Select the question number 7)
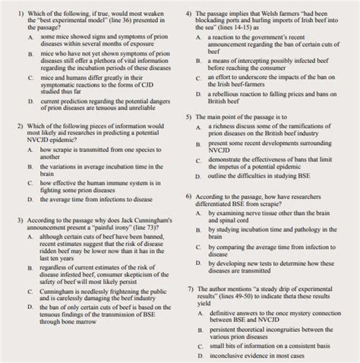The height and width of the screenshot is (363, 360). tap(189, 289)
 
